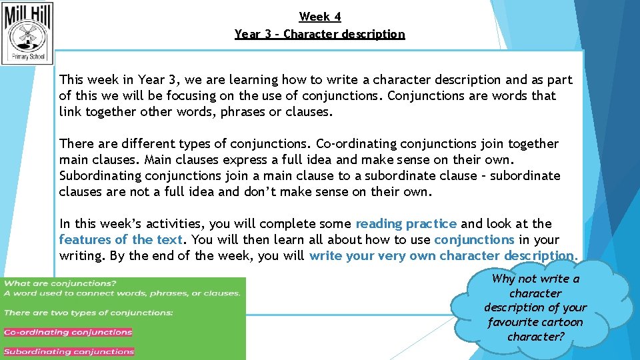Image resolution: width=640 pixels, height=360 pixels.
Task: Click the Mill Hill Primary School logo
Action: point(27,32)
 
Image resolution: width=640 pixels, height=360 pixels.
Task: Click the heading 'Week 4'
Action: point(320,17)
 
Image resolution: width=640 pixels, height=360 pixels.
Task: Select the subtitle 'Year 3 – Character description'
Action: point(320,33)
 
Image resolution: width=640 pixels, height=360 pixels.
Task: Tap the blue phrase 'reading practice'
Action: point(406,224)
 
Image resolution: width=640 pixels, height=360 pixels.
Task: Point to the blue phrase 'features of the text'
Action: point(121,240)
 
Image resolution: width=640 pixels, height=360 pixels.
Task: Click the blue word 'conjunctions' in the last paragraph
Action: point(474,240)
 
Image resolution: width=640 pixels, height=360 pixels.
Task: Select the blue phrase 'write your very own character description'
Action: point(441,256)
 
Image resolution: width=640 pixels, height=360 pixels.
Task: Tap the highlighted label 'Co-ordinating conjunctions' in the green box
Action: point(68,332)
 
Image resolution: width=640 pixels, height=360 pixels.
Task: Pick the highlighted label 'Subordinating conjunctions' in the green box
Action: point(69,351)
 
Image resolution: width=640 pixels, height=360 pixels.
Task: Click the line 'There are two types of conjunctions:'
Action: point(89,313)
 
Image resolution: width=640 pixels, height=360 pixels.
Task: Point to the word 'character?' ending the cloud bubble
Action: point(536,337)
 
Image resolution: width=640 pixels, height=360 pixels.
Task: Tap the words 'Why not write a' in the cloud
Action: point(536,279)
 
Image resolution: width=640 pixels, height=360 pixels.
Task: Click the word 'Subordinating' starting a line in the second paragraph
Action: point(100,176)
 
